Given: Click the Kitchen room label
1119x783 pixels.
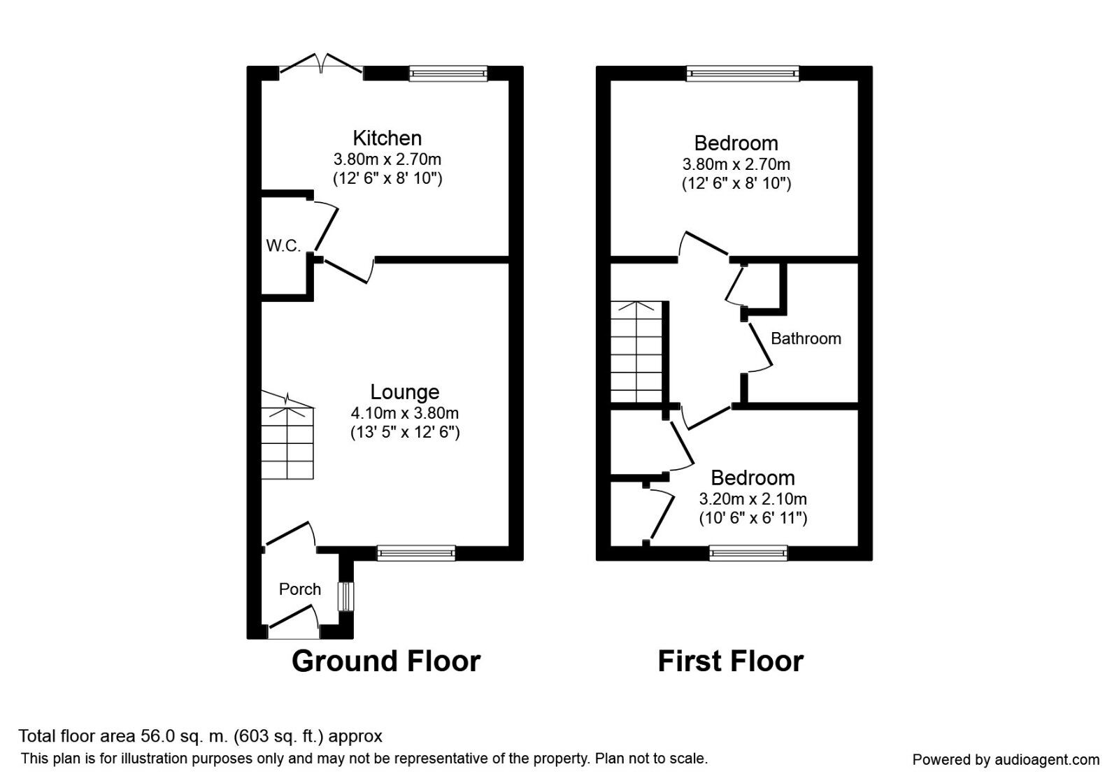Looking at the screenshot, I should [x=387, y=138].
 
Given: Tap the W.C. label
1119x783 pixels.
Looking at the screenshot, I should [x=283, y=245].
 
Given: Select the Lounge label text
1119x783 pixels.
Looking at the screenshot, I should [x=404, y=392].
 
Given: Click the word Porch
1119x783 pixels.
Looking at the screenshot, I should [x=299, y=589].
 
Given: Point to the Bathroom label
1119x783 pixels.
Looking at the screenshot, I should [x=806, y=338].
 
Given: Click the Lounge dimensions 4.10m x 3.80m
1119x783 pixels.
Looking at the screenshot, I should [x=404, y=413].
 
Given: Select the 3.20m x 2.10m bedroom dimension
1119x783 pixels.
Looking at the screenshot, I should [x=753, y=499].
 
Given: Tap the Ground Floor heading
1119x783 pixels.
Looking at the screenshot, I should [x=386, y=661].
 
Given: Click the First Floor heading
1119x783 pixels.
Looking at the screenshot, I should [x=730, y=661].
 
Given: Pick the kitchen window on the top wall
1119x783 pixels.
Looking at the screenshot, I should [x=448, y=73].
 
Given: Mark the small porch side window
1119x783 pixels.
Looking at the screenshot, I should [x=345, y=596].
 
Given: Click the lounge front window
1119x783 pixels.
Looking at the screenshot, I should [x=416, y=553].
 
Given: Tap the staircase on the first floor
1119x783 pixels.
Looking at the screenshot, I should [x=636, y=352].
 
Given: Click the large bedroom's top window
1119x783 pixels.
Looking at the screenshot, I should [x=742, y=73].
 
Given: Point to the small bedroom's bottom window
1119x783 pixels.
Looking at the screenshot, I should [x=748, y=553].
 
